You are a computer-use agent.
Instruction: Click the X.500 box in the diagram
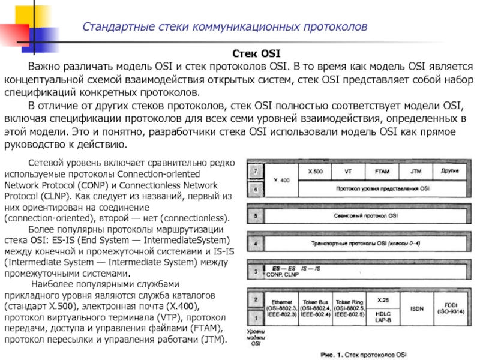pos(315,172)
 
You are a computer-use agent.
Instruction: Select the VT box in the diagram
pos(348,172)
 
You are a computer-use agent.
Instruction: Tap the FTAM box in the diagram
pos(382,172)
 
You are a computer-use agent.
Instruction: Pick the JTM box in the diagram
pos(416,172)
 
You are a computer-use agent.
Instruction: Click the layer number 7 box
pos(256,172)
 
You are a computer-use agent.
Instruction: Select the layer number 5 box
pos(256,215)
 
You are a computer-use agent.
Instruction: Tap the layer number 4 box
pos(256,244)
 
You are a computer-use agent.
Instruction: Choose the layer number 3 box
pos(256,272)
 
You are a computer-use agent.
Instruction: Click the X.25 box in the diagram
pos(383,299)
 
